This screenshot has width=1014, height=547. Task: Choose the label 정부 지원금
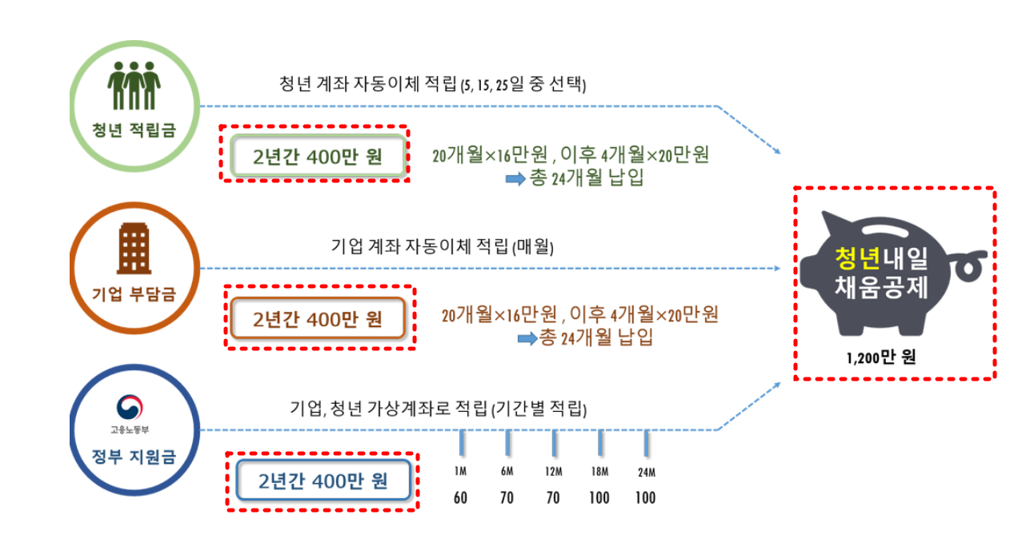coord(133,457)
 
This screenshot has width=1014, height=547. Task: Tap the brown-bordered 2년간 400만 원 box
coord(318,319)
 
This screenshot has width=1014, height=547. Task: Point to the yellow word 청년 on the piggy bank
coord(857,257)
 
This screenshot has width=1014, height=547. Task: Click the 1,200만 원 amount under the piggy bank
coord(881,357)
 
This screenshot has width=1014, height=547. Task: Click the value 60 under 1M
coord(460,498)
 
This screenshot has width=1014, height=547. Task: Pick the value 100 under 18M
coord(599,498)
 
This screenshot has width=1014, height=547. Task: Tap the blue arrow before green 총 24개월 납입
coord(515,178)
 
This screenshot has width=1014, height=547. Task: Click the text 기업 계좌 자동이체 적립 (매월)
coord(443,246)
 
